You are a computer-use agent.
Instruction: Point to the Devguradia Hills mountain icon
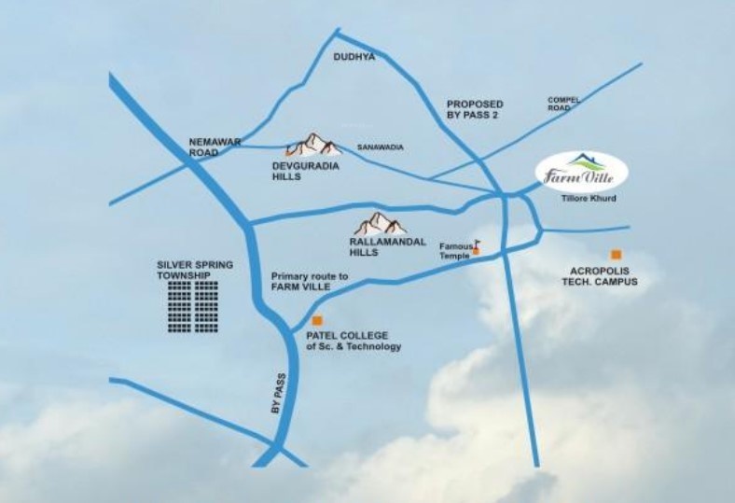click(313, 145)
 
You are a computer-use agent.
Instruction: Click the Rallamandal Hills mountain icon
click(380, 223)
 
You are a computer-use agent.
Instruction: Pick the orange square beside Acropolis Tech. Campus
click(616, 254)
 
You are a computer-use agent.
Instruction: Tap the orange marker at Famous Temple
click(476, 251)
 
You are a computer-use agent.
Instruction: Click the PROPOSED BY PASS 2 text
click(475, 109)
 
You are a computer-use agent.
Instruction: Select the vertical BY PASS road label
click(275, 395)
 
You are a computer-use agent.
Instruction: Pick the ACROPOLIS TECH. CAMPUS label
click(603, 276)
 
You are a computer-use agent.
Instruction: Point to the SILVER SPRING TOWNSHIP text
click(190, 271)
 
